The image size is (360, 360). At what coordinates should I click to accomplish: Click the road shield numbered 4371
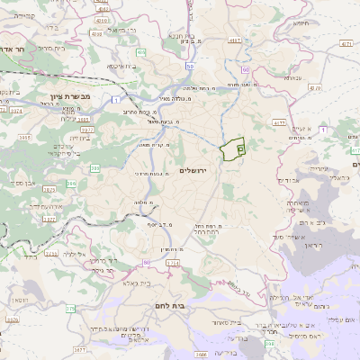pos(237,41)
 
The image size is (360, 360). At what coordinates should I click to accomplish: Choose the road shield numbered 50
pos(190,67)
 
